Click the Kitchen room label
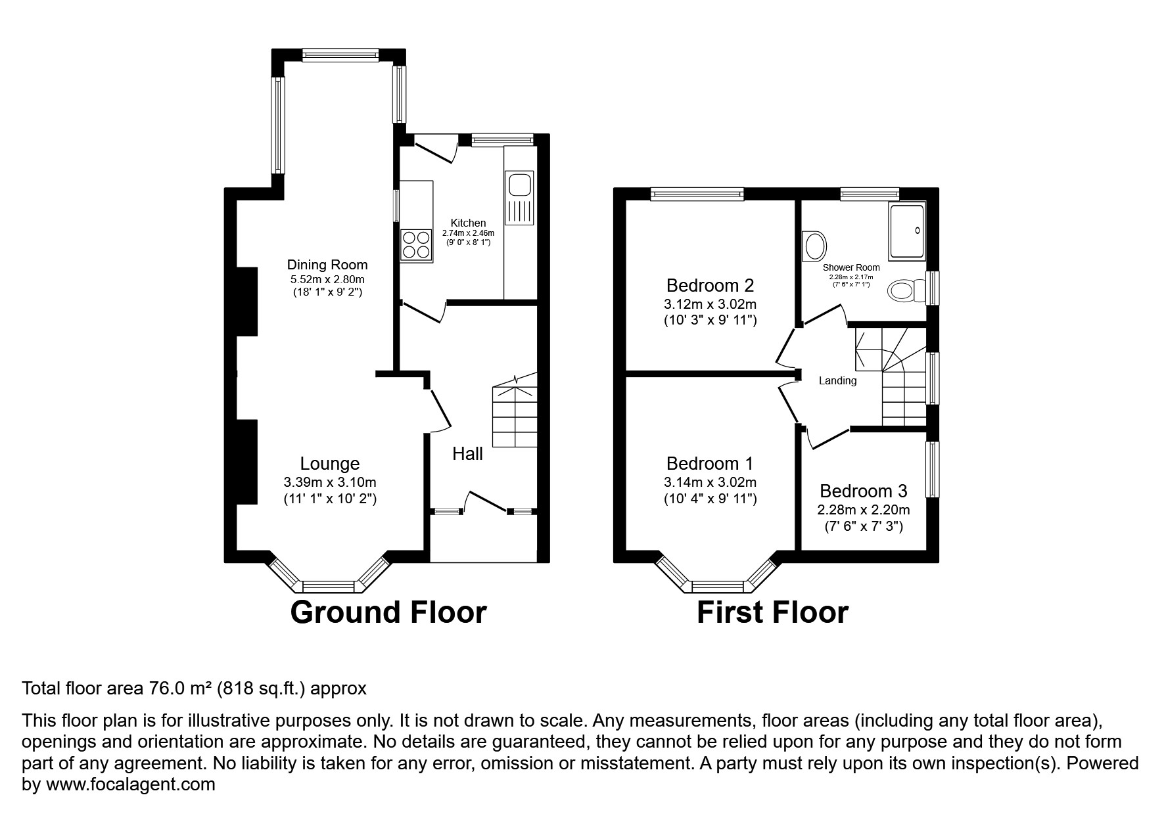(468, 223)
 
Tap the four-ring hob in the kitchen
(416, 245)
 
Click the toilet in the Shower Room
(904, 290)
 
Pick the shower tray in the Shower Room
(907, 229)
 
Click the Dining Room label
(327, 265)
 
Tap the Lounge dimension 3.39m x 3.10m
(330, 483)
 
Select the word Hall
(467, 453)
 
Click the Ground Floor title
(388, 612)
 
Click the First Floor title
(772, 612)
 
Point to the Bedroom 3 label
(864, 491)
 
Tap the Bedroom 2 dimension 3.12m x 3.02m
(710, 304)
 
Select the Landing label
(837, 380)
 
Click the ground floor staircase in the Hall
(515, 414)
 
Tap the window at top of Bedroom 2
(697, 193)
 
